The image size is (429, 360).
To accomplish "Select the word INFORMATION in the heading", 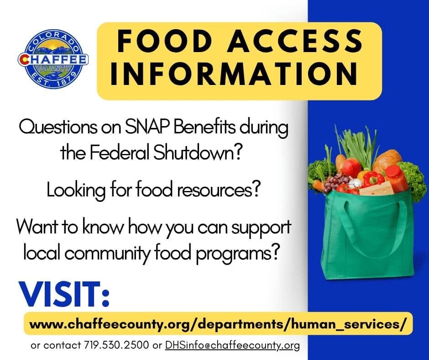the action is (x=234, y=73).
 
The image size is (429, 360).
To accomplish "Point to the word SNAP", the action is (x=146, y=127).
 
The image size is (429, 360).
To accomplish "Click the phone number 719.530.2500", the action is (x=116, y=345).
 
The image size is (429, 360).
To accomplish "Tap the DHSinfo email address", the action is (x=233, y=345).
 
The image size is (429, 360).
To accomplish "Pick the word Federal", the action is (x=120, y=153).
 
